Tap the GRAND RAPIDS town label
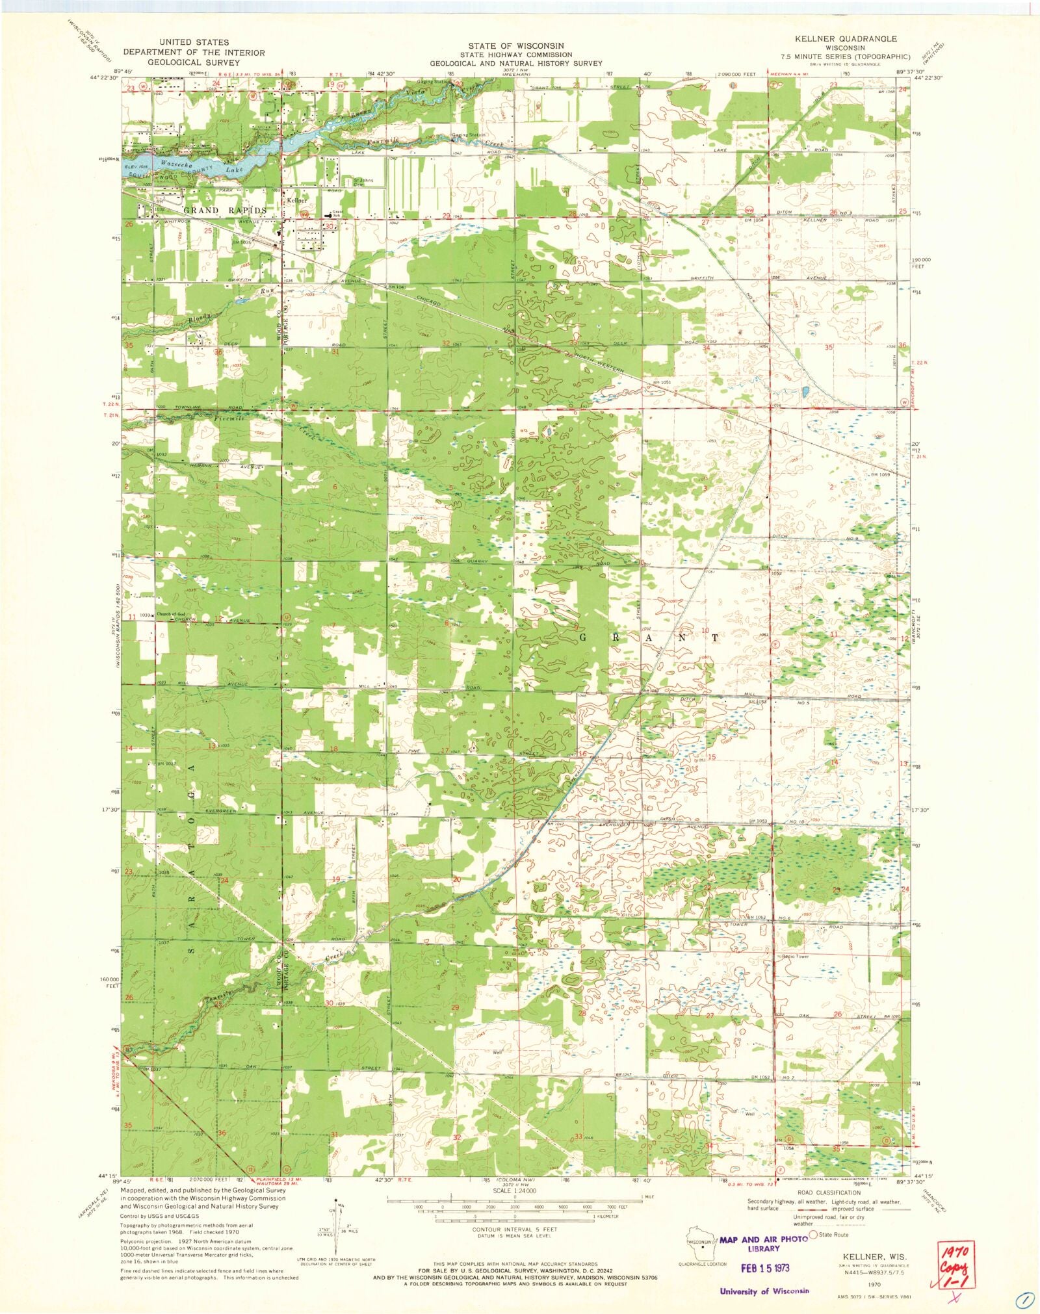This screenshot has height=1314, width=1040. click(x=225, y=211)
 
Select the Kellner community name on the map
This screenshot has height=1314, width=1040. click(x=296, y=201)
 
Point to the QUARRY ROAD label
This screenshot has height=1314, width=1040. click(x=569, y=561)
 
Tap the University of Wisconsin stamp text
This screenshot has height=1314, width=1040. click(x=764, y=1291)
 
